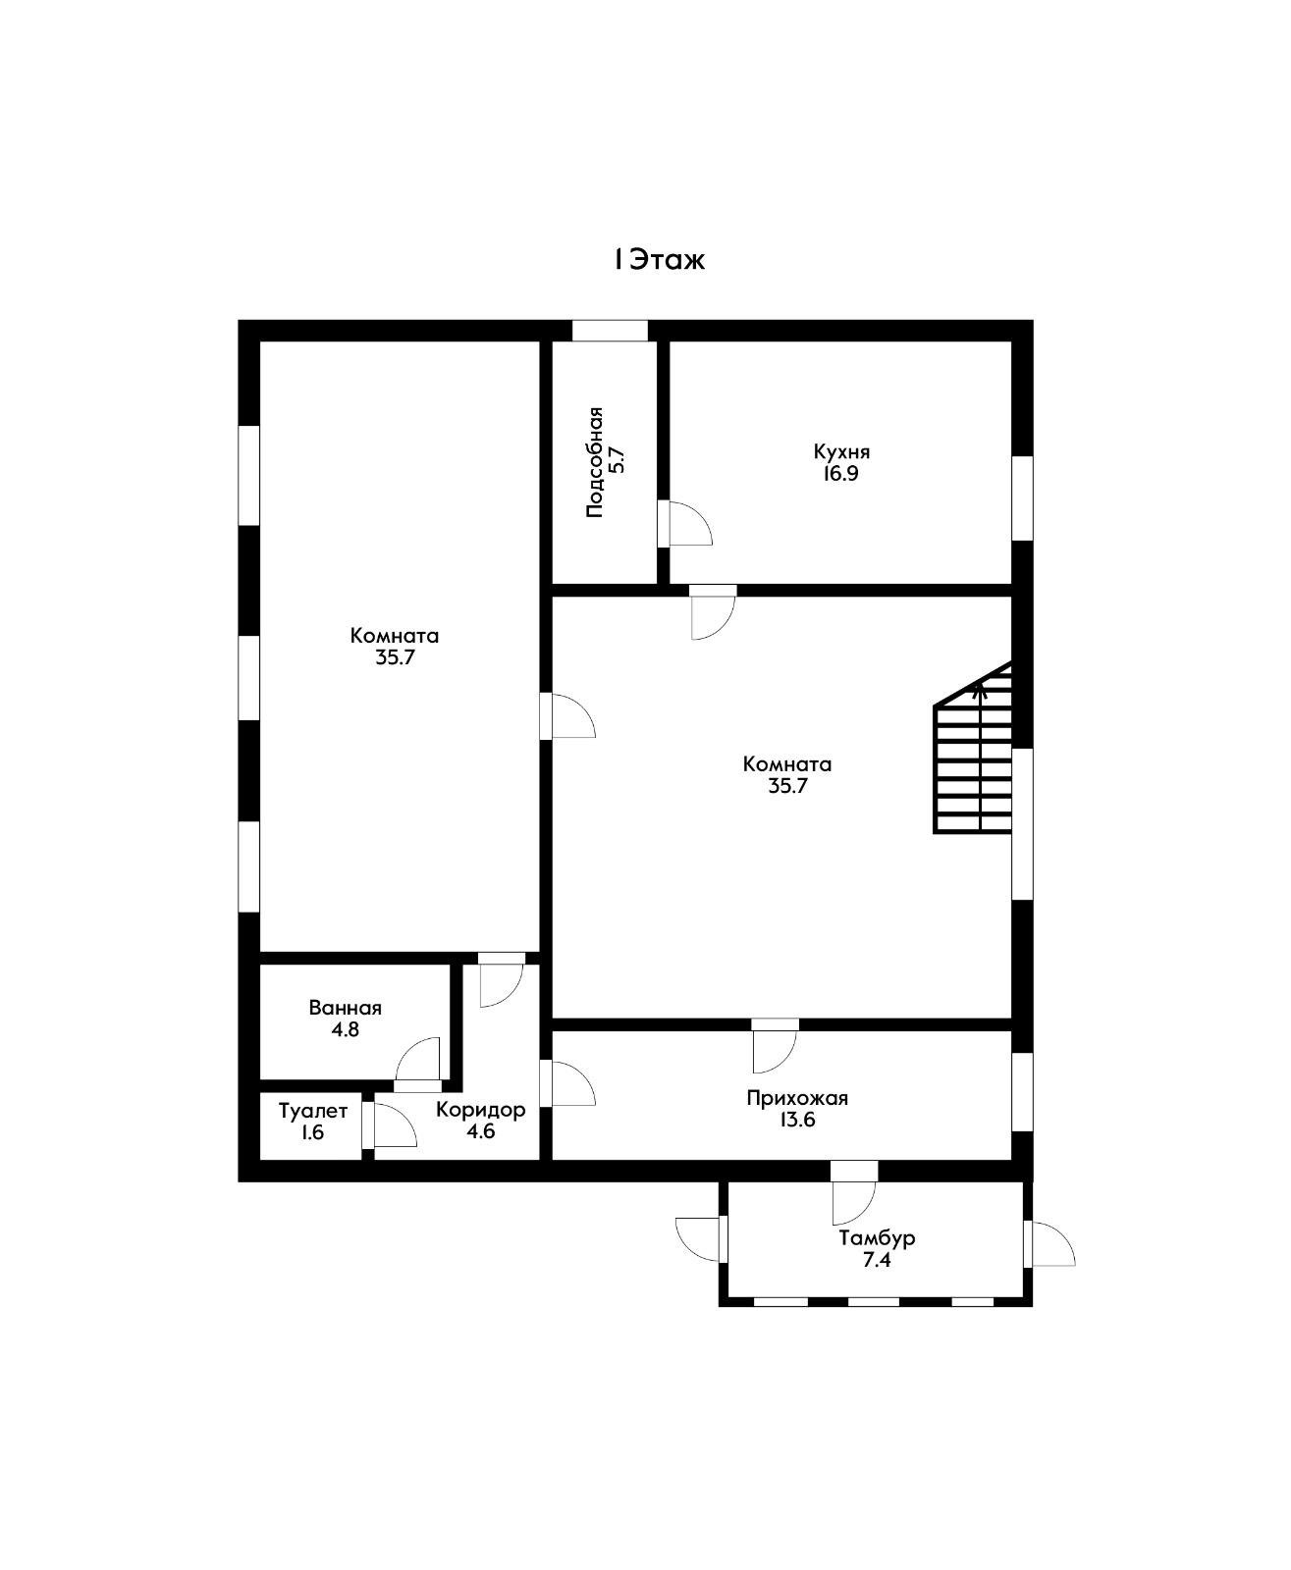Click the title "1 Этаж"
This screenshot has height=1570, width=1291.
pyautogui.click(x=660, y=260)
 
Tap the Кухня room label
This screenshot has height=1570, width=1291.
pyautogui.click(x=841, y=452)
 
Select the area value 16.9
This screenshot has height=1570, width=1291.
pyautogui.click(x=840, y=474)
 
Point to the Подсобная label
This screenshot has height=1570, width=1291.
pyautogui.click(x=595, y=462)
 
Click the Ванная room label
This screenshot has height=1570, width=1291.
pyautogui.click(x=345, y=1008)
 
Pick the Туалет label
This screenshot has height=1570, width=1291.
pyautogui.click(x=313, y=1112)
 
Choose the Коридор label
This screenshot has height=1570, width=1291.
pyautogui.click(x=480, y=1110)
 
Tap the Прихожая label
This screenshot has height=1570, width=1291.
pyautogui.click(x=797, y=1098)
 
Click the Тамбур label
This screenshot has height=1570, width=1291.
pyautogui.click(x=877, y=1238)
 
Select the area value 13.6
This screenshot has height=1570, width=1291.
pyautogui.click(x=797, y=1120)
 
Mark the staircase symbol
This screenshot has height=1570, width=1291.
pyautogui.click(x=973, y=747)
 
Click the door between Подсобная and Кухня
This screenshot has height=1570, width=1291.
pyautogui.click(x=684, y=524)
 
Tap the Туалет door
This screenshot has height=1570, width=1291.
pyautogui.click(x=389, y=1125)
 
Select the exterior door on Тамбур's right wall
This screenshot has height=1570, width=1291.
pyautogui.click(x=1049, y=1243)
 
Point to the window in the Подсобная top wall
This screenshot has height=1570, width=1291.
pyautogui.click(x=610, y=331)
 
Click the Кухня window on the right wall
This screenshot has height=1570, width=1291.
pyautogui.click(x=1023, y=498)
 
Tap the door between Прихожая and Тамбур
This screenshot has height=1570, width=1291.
pyautogui.click(x=854, y=1192)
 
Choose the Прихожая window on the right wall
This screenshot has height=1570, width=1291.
pyautogui.click(x=1023, y=1092)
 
